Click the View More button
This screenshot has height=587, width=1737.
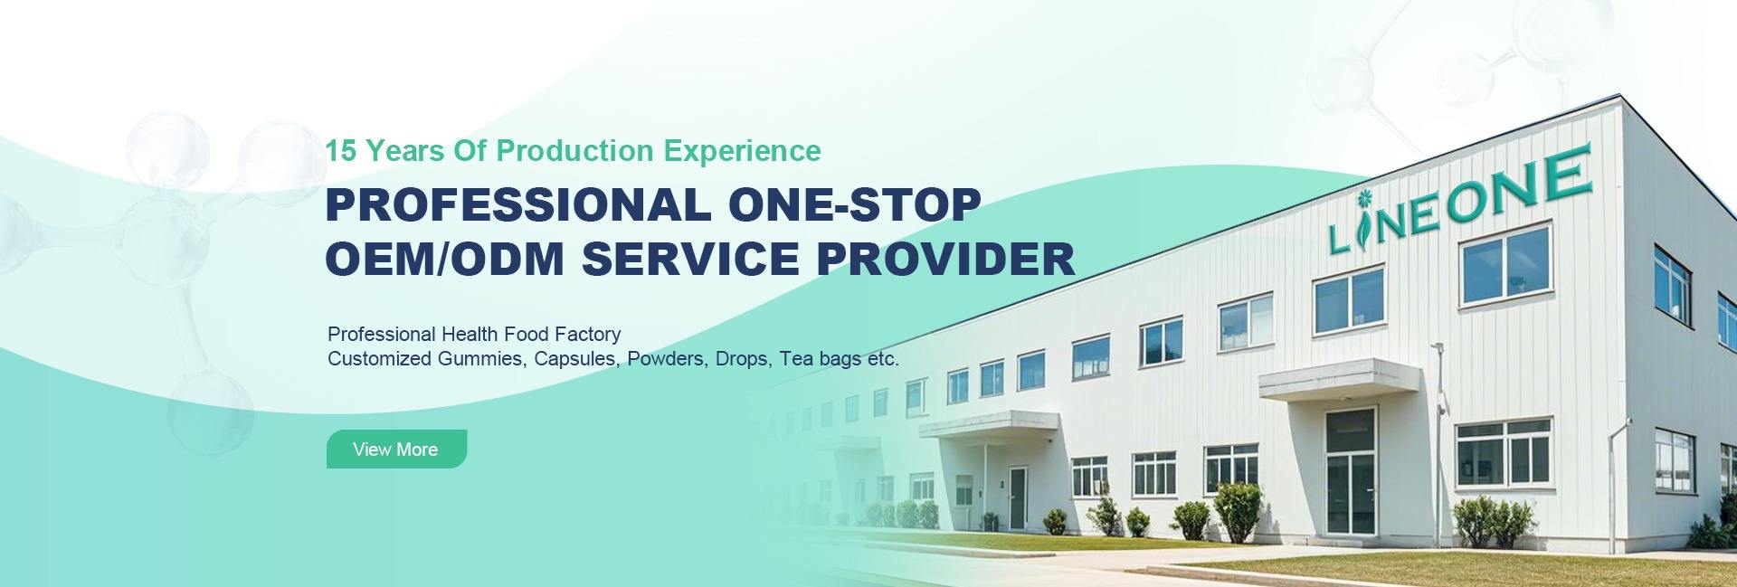(x=396, y=450)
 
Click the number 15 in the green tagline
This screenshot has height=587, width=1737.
(x=340, y=151)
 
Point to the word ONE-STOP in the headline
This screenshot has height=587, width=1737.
(x=854, y=204)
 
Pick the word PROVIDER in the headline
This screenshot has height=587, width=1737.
(x=945, y=259)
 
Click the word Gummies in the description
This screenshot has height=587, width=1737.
(x=479, y=359)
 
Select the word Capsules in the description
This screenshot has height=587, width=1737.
(x=575, y=359)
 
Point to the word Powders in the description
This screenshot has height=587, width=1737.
(x=666, y=359)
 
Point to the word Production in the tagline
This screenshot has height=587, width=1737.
(x=574, y=151)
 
